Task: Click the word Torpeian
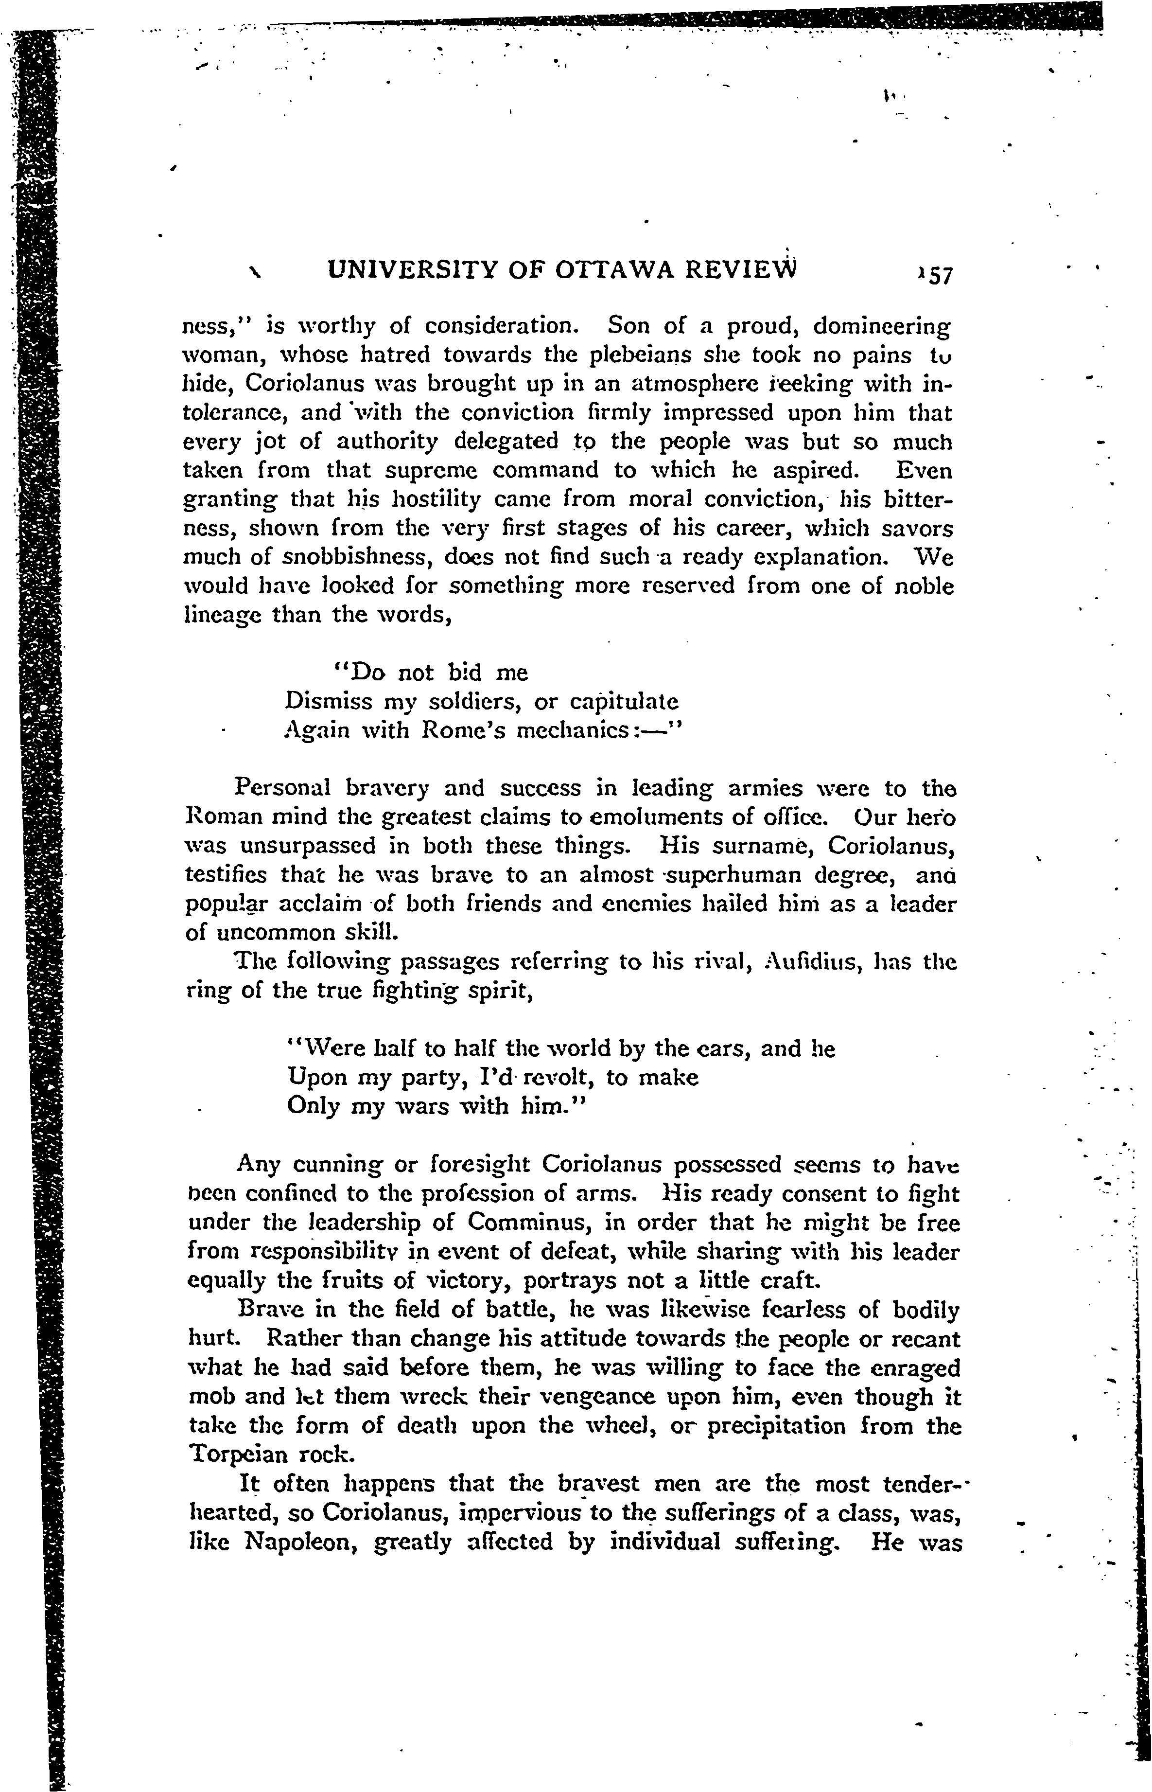click(236, 1454)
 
